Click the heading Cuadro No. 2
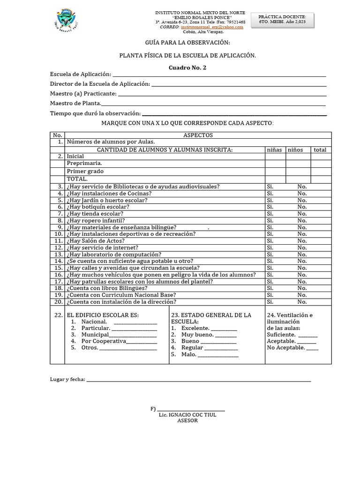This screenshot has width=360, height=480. pos(187,67)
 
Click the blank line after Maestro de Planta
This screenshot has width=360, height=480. pos(213,104)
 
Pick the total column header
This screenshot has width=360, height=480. pos(321,150)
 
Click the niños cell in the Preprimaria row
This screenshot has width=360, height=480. pos(298,164)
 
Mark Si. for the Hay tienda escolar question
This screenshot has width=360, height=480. pos(270,214)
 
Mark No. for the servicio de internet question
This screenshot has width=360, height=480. pos(302,247)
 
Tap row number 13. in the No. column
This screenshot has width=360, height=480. pos(58,255)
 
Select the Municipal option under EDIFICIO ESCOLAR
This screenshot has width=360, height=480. pos(95,335)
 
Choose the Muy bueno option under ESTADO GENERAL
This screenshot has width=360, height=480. pos(197,335)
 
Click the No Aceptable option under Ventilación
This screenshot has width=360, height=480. pos(286,348)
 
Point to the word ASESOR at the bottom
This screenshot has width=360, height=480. pos(187,420)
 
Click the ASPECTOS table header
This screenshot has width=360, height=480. pos(198,135)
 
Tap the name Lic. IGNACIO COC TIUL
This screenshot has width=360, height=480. pos(187,415)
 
